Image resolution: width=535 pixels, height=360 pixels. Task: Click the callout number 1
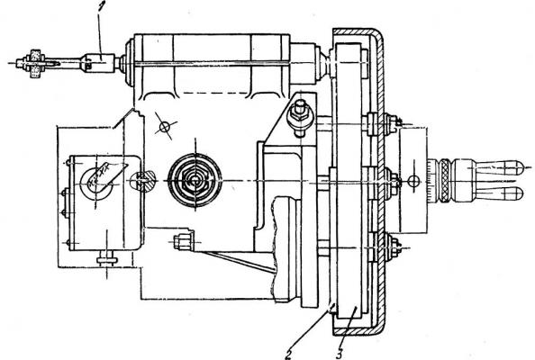pyautogui.click(x=101, y=8)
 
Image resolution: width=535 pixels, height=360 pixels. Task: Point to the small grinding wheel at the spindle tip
pyautogui.click(x=35, y=64)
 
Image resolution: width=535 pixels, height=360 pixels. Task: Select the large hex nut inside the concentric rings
pyautogui.click(x=195, y=180)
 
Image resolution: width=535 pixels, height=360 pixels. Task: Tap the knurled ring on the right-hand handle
pyautogui.click(x=445, y=181)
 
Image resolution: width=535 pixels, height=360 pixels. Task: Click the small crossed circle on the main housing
pyautogui.click(x=165, y=127)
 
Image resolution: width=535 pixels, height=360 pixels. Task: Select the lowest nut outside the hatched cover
pyautogui.click(x=393, y=246)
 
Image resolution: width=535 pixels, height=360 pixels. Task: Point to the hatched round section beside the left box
pyautogui.click(x=143, y=180)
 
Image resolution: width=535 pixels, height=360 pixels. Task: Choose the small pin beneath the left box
pyautogui.click(x=107, y=260)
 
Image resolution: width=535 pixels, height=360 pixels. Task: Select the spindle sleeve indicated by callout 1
pyautogui.click(x=100, y=63)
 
